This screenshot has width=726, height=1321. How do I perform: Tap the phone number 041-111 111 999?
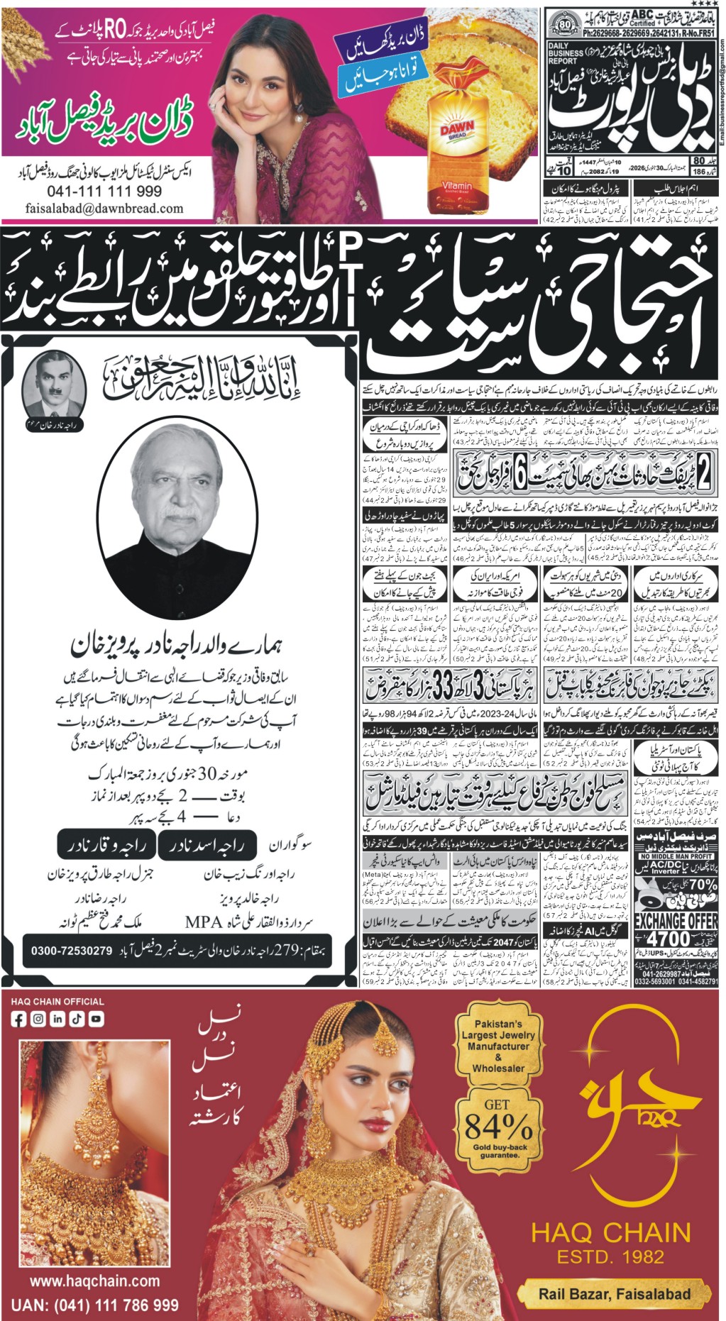pyautogui.click(x=104, y=192)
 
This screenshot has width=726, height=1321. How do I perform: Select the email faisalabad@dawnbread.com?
pyautogui.click(x=104, y=209)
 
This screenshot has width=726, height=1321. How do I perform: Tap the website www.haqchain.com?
pyautogui.click(x=94, y=1281)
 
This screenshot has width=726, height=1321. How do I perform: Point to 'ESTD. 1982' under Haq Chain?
pyautogui.click(x=610, y=1256)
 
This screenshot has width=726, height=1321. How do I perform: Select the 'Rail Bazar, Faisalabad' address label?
pyautogui.click(x=614, y=1293)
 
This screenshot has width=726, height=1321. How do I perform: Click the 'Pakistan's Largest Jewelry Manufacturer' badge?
pyautogui.click(x=498, y=1046)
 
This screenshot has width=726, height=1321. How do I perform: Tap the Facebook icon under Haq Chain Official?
pyautogui.click(x=19, y=1019)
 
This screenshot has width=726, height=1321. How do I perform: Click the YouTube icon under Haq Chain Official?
pyautogui.click(x=96, y=1019)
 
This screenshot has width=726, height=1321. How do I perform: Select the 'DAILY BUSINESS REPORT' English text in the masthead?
pyautogui.click(x=566, y=53)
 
